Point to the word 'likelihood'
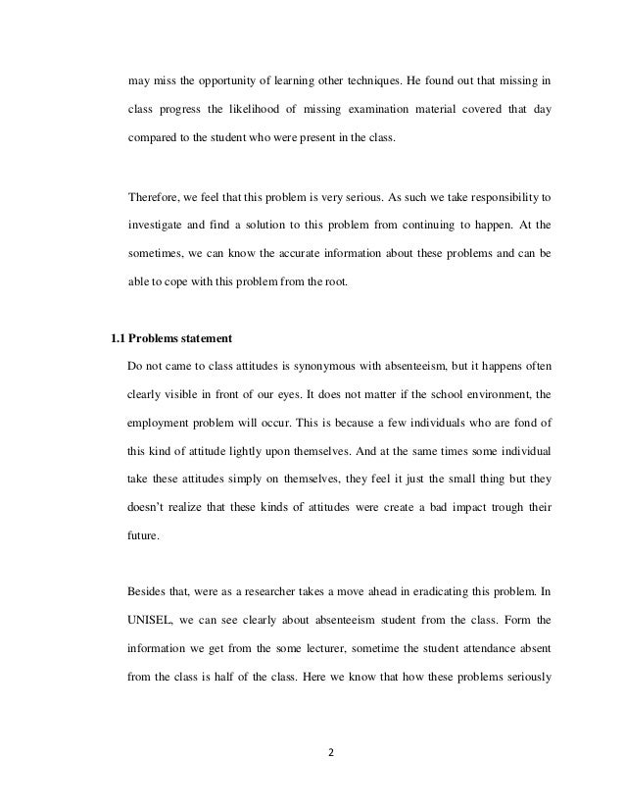271,107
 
